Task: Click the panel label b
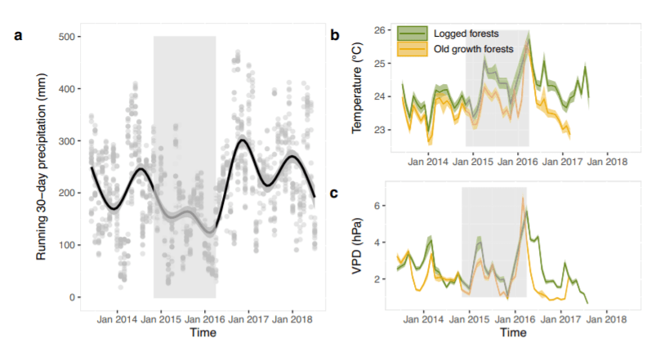pos(335,35)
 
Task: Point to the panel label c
pos(335,193)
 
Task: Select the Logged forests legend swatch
pos(412,34)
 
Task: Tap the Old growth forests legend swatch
pos(412,49)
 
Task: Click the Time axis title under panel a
pos(202,333)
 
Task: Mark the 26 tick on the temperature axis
pos(380,31)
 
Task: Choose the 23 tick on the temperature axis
pos(380,130)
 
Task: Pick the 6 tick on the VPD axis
pos(383,205)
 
